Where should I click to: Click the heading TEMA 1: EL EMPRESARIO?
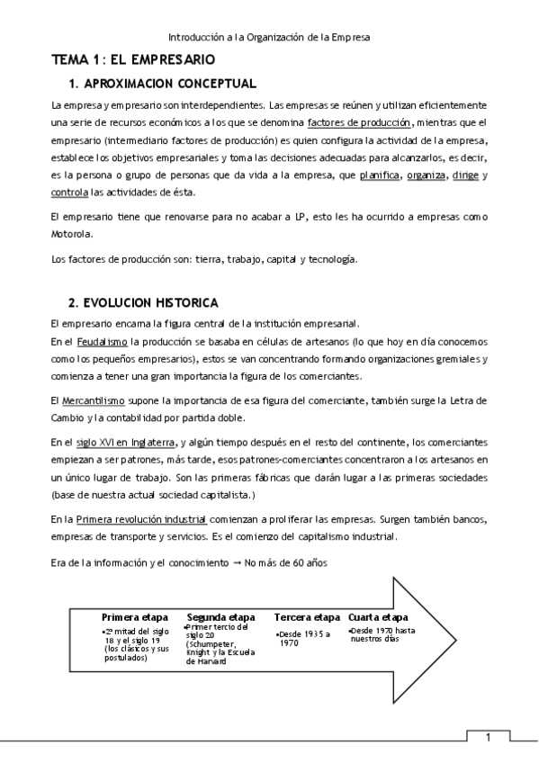[x=132, y=60]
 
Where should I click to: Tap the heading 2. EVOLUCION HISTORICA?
[x=143, y=301]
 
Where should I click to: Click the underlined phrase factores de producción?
[x=359, y=122]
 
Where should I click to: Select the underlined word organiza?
[x=426, y=175]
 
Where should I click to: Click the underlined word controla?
[x=70, y=193]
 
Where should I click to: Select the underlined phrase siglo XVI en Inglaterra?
[x=125, y=442]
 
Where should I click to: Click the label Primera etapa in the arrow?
[x=135, y=618]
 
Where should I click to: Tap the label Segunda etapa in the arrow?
[x=220, y=618]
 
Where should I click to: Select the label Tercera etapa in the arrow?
[x=307, y=618]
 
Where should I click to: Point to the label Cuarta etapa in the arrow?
[x=378, y=618]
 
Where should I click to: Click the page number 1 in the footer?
[x=488, y=739]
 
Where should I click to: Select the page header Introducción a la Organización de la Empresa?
[x=269, y=38]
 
